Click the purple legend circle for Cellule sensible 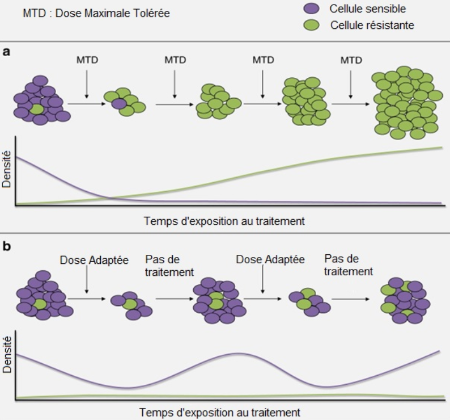click(312, 9)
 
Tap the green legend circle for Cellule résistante click(312, 26)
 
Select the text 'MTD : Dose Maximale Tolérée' click(96, 13)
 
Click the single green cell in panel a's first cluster click(37, 108)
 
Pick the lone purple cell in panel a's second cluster click(118, 103)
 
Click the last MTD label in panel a click(351, 60)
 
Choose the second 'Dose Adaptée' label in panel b click(270, 259)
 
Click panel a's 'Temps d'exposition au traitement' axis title click(224, 221)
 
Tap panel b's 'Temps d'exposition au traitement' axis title click(219, 412)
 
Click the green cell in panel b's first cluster click(39, 305)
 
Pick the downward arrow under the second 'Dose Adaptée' click(262, 279)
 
